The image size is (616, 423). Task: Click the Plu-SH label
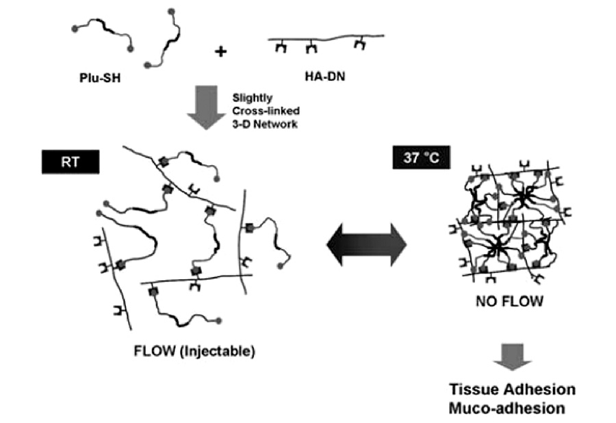point(101,75)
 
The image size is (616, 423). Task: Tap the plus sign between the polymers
point(220,51)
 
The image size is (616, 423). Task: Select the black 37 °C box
point(420,159)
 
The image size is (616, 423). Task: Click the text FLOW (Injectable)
point(194,352)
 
